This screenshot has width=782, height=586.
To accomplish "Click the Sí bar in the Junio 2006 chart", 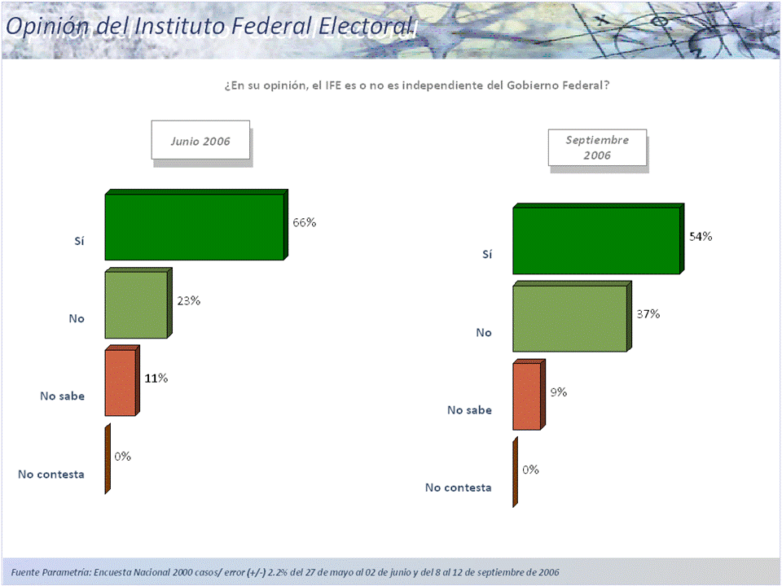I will point(195,226).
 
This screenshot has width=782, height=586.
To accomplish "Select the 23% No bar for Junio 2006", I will point(136,304).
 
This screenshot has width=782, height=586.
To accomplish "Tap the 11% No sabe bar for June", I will point(121,383).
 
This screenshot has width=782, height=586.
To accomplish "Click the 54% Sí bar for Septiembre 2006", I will point(595,240).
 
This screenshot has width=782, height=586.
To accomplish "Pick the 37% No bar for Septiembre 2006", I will point(569,318).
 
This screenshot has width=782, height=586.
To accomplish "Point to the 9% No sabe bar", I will point(526,396).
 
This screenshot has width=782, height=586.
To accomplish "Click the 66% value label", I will point(305,222).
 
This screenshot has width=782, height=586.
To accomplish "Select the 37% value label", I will point(648,314).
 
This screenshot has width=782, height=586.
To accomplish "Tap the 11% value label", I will point(156,378).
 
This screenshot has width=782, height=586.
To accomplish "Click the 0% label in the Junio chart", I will point(123,457).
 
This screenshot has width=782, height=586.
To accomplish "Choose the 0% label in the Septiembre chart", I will point(530,470).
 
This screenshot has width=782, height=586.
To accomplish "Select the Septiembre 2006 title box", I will point(597,147).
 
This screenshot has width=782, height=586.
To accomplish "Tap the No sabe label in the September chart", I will point(470,410).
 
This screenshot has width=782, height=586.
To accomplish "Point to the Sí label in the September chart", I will point(487,254).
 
